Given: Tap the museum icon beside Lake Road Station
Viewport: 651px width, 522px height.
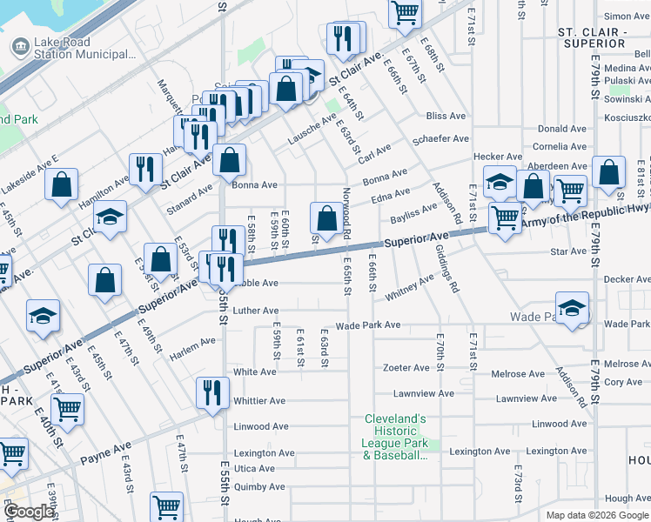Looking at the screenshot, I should pos(18,47).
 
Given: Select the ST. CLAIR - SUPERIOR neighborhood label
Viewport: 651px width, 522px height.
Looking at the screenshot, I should pos(593,37).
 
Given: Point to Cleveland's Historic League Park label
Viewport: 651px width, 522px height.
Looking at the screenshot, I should pos(396,437).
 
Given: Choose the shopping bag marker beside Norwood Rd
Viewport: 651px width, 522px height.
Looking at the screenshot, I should pos(326,219).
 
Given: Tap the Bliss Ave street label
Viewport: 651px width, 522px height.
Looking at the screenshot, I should pos(446,116).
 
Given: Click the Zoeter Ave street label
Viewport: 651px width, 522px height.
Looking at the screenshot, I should pos(406,368).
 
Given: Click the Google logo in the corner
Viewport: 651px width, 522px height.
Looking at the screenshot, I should pos(29,512).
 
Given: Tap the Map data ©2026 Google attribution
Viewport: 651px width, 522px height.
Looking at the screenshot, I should pos(596,515).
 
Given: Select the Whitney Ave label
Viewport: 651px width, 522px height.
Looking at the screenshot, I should pos(408,288).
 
